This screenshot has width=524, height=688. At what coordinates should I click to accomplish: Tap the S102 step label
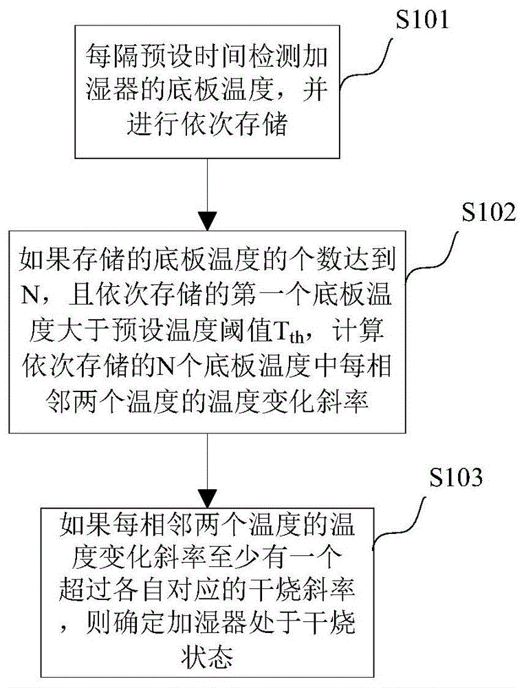pyautogui.click(x=477, y=213)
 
